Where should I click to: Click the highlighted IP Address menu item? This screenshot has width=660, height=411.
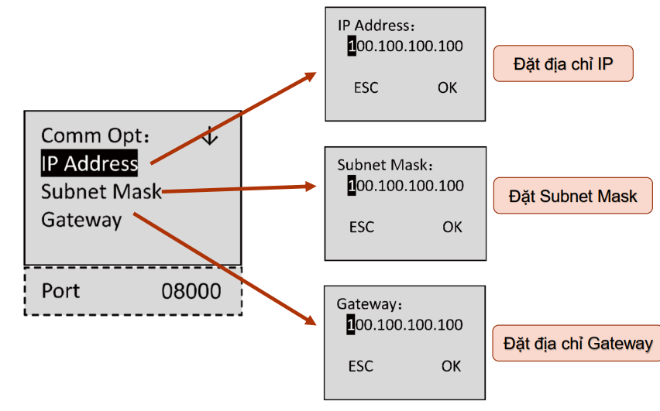tap(89, 163)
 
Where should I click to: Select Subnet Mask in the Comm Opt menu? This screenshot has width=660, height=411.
tap(101, 192)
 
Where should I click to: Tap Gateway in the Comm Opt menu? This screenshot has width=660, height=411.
tap(81, 221)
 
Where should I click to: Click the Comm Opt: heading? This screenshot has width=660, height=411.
tap(95, 136)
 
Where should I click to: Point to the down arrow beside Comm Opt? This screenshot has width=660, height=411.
tap(210, 135)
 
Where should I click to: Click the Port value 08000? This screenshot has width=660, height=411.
tap(191, 291)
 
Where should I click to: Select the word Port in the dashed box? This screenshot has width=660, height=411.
tap(60, 291)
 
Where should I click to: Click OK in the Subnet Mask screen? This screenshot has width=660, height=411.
tap(452, 227)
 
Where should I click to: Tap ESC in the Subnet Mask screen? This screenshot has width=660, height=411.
tap(362, 227)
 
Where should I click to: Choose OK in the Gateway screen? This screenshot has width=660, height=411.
tap(451, 366)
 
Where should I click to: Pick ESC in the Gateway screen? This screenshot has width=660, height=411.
tap(361, 366)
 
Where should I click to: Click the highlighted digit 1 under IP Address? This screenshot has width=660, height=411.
tap(352, 46)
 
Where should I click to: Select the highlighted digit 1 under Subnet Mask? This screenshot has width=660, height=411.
tap(352, 186)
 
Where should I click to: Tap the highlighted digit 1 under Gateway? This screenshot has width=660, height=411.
tap(351, 325)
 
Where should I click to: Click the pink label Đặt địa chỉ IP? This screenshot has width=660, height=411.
tap(563, 63)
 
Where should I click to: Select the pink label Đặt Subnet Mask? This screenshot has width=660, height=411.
tap(573, 196)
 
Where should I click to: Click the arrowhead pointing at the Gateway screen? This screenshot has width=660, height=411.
tap(311, 320)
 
